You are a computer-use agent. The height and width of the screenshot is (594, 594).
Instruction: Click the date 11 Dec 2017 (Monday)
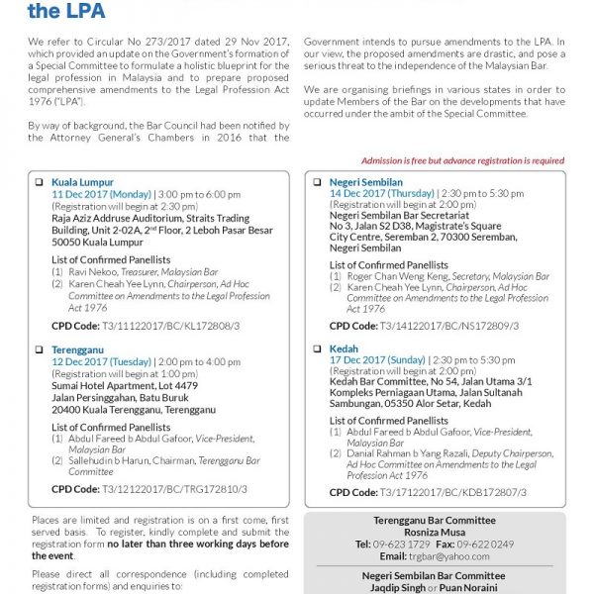[x=100, y=195]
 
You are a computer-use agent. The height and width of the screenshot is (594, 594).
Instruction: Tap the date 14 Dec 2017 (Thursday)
[x=380, y=195]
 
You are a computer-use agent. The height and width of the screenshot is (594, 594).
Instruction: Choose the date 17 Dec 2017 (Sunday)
[x=377, y=361]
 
